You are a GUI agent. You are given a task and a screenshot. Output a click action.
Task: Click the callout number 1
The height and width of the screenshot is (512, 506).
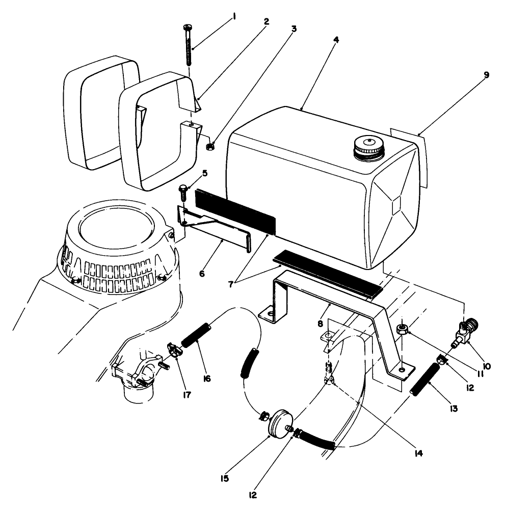click(234, 16)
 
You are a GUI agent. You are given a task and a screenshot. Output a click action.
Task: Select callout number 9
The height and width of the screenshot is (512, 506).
click(486, 75)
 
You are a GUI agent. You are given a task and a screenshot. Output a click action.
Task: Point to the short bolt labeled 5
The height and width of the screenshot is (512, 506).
click(183, 194)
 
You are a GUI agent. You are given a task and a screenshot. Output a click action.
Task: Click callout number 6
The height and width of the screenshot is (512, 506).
click(202, 274)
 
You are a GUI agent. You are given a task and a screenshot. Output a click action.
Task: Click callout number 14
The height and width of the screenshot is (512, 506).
click(418, 452)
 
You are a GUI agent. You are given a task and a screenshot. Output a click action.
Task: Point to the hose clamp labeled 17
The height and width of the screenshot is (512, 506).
click(173, 351)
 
